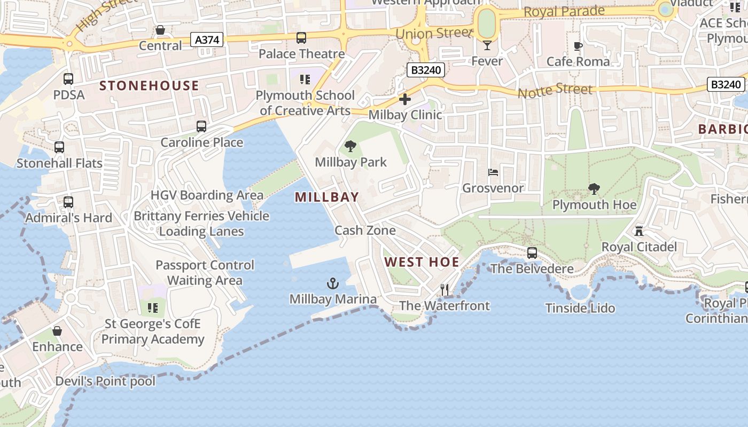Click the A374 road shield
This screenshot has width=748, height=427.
point(207,39)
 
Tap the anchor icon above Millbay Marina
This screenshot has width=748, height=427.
point(333,283)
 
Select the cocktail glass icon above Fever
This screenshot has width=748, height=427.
point(487,45)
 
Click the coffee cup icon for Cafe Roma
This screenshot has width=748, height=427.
point(578,46)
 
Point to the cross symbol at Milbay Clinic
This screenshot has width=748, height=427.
point(405,99)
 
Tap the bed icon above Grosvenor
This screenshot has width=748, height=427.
point(493,172)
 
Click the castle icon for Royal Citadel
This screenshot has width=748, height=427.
point(638,231)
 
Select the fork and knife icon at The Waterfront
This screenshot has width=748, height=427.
point(445,290)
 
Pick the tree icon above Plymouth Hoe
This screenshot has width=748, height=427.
point(594,189)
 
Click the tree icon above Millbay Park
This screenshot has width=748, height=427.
point(350,146)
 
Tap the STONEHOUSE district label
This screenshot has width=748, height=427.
point(149,86)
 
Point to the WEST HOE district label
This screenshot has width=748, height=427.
point(422,262)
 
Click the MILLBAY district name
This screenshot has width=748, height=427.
point(327,197)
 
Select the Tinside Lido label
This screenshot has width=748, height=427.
point(580,308)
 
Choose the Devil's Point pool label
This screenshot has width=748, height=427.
point(105,381)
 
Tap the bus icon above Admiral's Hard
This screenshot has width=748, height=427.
point(68,202)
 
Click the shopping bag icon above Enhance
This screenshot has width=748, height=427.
point(57,331)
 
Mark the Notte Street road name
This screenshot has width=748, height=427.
point(555,90)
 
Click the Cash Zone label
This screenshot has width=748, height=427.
point(365,230)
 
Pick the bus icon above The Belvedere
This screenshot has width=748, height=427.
point(532,253)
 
